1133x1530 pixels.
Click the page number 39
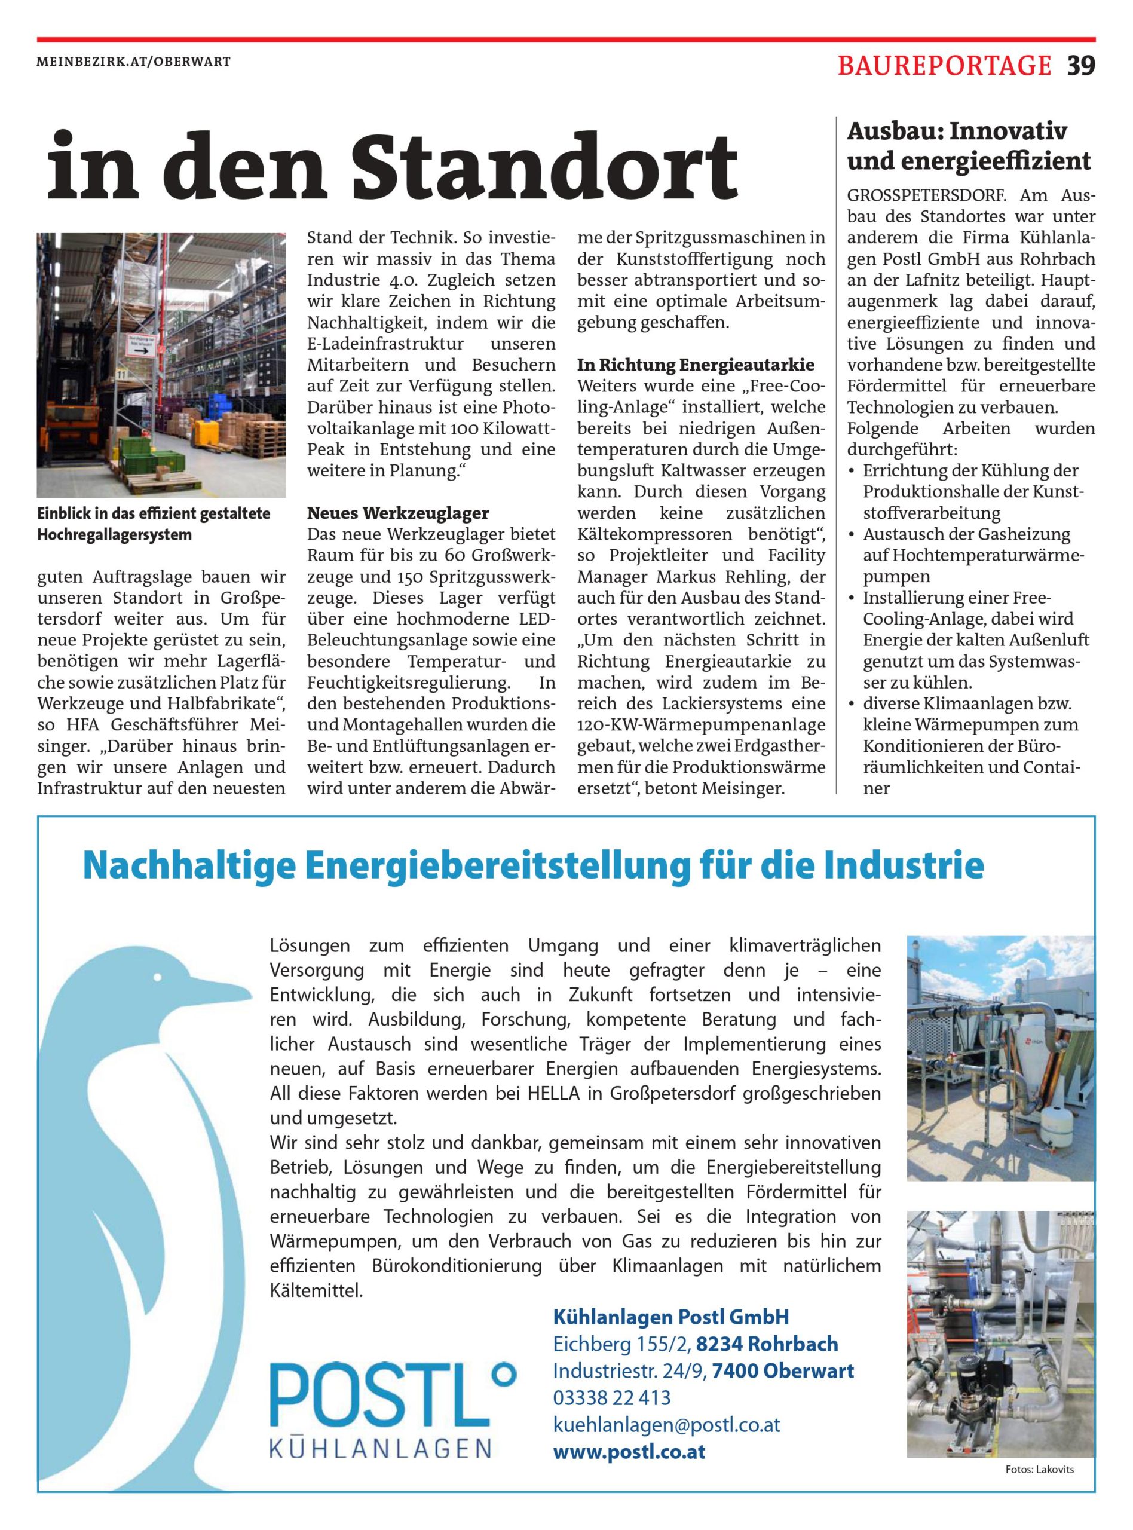point(1081,65)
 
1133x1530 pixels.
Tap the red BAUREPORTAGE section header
point(944,65)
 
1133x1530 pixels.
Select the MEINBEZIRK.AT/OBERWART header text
point(134,61)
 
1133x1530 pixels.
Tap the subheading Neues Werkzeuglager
point(398,513)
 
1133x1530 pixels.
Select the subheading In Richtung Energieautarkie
point(696,364)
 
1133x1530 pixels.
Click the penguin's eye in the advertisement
point(158,977)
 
